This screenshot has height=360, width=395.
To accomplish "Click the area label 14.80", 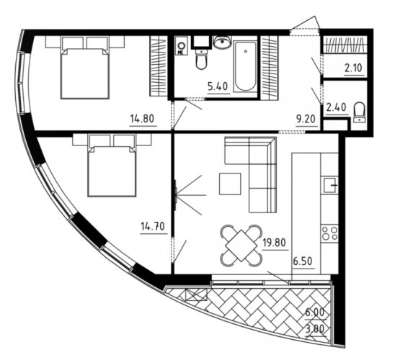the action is pyautogui.click(x=142, y=119).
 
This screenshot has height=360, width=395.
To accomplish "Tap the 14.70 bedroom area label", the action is pyautogui.click(x=153, y=227).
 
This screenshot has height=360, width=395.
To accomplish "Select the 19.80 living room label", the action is pyautogui.click(x=274, y=243).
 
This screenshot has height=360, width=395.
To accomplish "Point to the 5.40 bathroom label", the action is pyautogui.click(x=218, y=86).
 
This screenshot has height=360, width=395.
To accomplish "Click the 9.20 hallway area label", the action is pyautogui.click(x=306, y=120).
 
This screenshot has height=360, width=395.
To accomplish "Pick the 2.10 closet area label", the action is pyautogui.click(x=353, y=68).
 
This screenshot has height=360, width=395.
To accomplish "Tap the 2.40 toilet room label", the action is pyautogui.click(x=336, y=107).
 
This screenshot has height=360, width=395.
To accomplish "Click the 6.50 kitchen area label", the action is pyautogui.click(x=303, y=261).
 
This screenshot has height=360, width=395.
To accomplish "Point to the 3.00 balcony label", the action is pyautogui.click(x=315, y=329).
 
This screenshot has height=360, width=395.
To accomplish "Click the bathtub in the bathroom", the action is pyautogui.click(x=245, y=66).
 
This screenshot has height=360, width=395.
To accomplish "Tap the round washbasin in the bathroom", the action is pyautogui.click(x=222, y=42).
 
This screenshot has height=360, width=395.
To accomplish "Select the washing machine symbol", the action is pyautogui.click(x=182, y=46).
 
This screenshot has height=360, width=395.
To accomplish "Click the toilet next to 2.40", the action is pyautogui.click(x=359, y=112).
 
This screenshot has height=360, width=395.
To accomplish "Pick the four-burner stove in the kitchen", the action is pyautogui.click(x=329, y=233).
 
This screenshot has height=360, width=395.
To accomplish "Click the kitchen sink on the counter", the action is pyautogui.click(x=329, y=185).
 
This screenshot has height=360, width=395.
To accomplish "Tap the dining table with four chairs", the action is pyautogui.click(x=241, y=246).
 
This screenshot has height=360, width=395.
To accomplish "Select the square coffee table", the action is pyautogui.click(x=230, y=184).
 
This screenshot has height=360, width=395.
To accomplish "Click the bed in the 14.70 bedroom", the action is pyautogui.click(x=112, y=165).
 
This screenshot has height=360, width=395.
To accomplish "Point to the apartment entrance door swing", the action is pyautogui.click(x=306, y=23).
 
